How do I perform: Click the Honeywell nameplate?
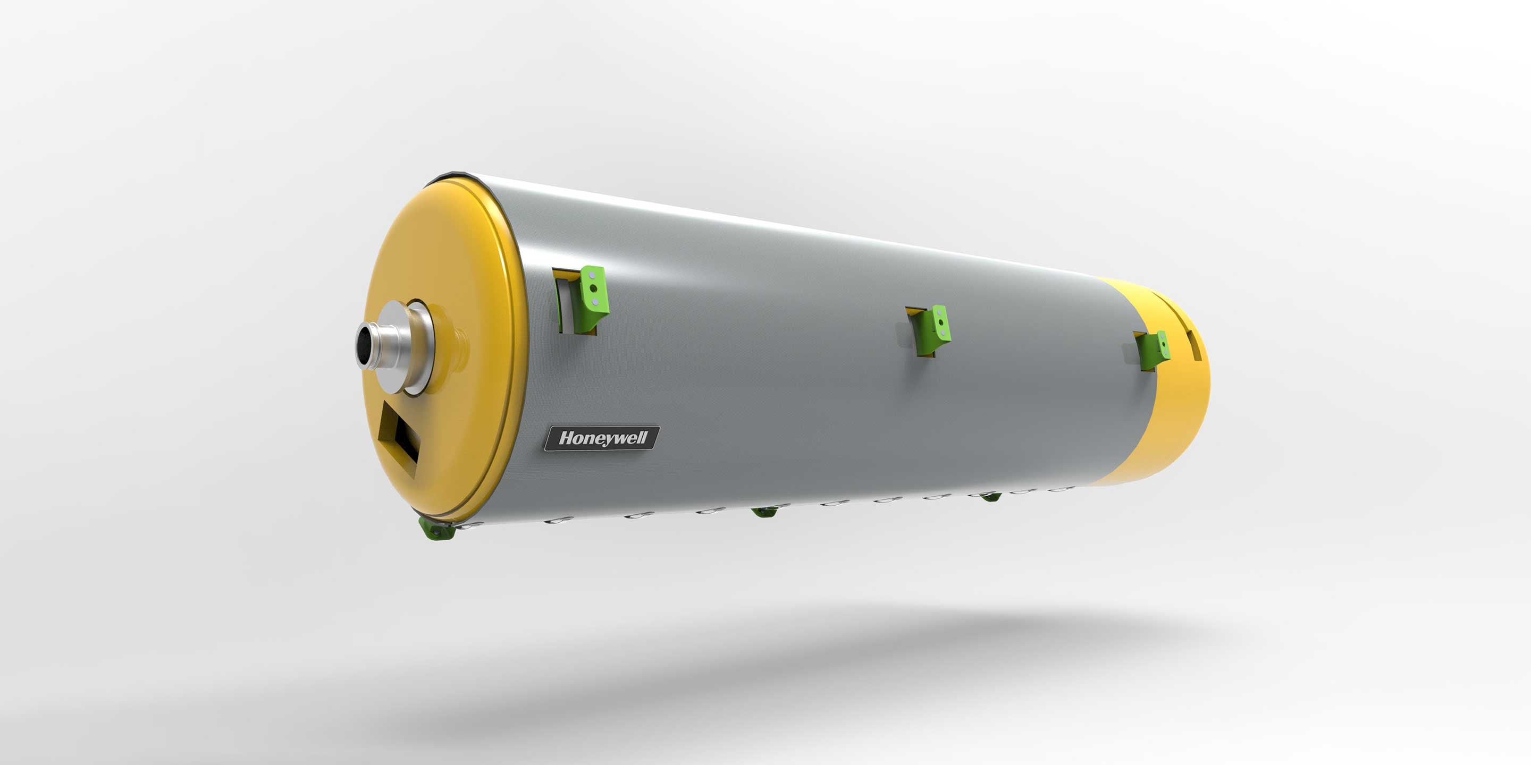pyautogui.click(x=601, y=438)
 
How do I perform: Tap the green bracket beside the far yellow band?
pyautogui.click(x=1156, y=350)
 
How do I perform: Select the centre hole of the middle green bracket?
pyautogui.click(x=940, y=323)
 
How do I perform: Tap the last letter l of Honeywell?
pyautogui.click(x=644, y=438)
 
